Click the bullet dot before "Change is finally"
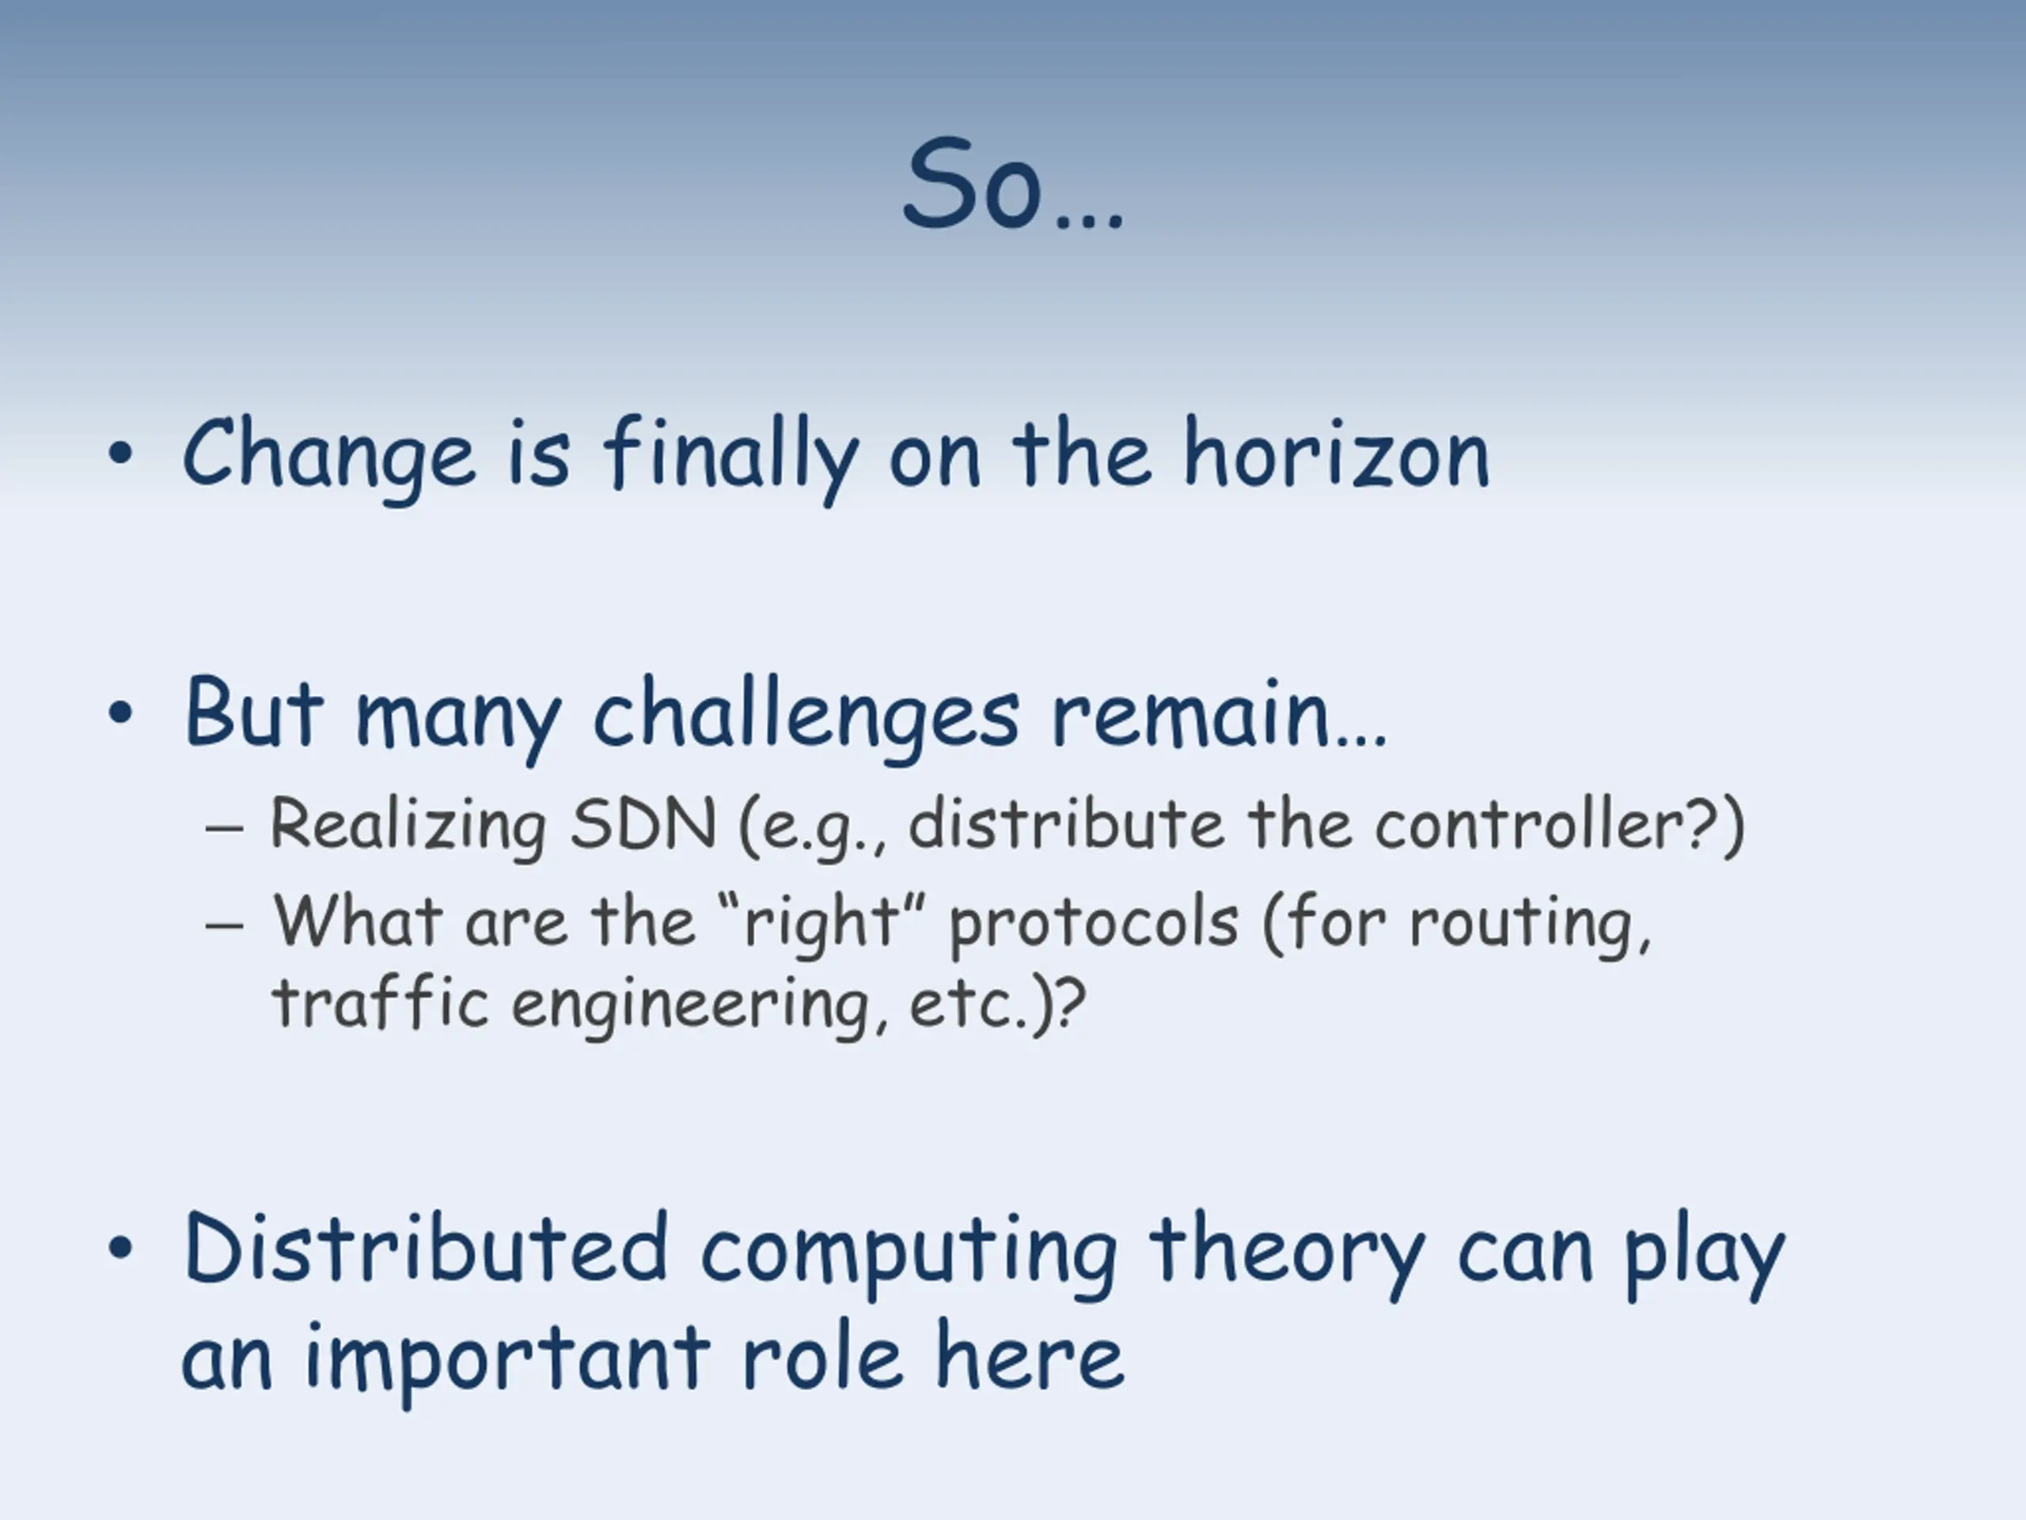(x=121, y=454)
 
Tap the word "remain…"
(x=1219, y=715)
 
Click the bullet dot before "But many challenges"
(x=121, y=712)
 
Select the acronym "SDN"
(x=642, y=823)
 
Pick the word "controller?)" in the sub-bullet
(x=1559, y=826)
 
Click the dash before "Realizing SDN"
(x=225, y=828)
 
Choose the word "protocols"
(x=1094, y=924)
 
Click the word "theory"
(x=1288, y=1256)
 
